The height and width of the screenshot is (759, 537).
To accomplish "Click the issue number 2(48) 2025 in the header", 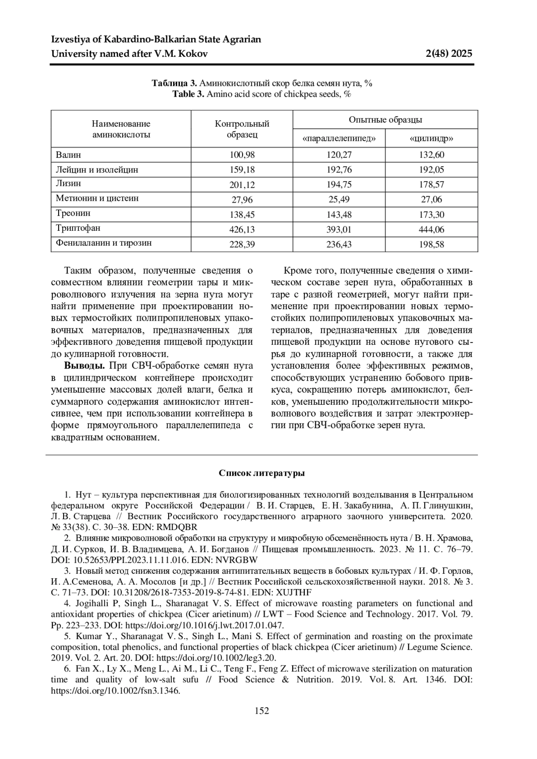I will (x=449, y=54).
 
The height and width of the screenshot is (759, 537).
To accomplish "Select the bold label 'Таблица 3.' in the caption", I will (x=174, y=83).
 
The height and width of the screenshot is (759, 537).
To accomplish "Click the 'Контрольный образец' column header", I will (x=242, y=129).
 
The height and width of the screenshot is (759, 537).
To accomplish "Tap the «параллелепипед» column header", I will (x=338, y=139).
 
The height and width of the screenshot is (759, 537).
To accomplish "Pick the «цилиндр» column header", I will (x=431, y=139).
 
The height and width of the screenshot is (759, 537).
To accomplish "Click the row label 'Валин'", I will (x=68, y=155).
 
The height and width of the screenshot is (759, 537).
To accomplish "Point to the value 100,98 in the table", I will (x=242, y=155).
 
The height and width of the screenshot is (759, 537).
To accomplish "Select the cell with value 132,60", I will (x=431, y=155).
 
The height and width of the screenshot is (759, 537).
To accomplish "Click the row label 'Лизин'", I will (x=68, y=183).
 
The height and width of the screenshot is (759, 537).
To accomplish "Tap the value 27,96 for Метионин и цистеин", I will (x=242, y=199).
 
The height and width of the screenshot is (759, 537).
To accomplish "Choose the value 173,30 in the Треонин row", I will (x=431, y=215).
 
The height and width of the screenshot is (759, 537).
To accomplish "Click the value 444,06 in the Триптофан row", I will (x=431, y=229).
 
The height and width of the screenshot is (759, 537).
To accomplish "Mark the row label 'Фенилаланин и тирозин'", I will (x=104, y=243).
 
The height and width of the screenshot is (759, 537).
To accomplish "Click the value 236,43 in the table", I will (x=338, y=244).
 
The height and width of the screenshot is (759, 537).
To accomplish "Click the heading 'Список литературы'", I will (x=262, y=473).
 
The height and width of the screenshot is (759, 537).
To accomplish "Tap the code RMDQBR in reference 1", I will (x=178, y=527).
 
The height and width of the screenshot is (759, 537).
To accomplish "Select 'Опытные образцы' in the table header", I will (x=385, y=120).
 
